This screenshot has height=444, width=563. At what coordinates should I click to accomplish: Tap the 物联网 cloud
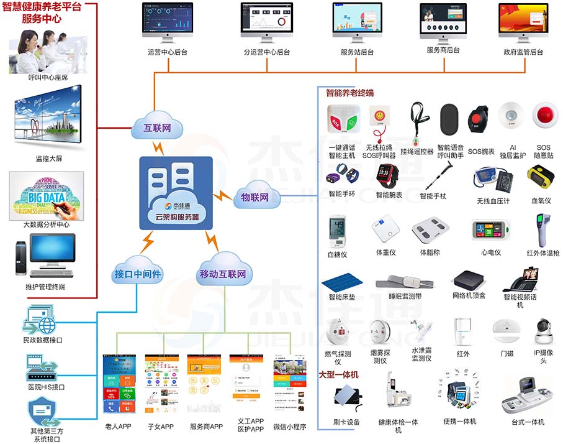tap(255, 197)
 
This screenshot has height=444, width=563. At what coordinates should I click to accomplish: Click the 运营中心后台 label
tap(166, 52)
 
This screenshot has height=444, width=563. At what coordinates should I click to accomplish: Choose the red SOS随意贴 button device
tap(544, 116)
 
